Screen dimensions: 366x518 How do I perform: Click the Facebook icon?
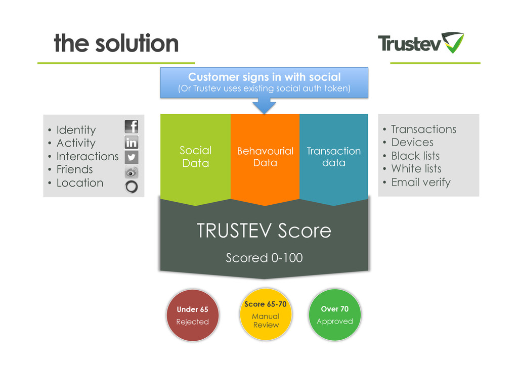132,126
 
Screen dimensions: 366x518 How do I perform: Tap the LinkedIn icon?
132,142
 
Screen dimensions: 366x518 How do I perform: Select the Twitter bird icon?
132,157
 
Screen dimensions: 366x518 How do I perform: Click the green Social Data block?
195,157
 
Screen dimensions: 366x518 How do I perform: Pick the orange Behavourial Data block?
265,157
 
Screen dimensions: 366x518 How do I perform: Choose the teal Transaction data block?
334,157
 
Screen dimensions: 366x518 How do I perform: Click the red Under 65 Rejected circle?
192,315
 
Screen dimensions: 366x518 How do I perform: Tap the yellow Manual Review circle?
266,314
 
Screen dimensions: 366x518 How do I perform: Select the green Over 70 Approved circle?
335,315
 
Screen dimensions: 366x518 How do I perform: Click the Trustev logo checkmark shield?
452,43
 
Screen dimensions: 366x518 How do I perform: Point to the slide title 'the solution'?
116,43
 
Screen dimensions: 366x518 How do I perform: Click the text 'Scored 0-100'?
264,258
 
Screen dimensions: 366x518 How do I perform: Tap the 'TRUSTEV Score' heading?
264,231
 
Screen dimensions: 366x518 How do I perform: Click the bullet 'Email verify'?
420,182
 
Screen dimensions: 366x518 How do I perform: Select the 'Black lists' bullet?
415,156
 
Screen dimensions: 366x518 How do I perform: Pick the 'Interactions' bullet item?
87,156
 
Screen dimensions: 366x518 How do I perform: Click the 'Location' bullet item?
79,183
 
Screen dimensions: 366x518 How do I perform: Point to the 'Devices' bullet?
412,143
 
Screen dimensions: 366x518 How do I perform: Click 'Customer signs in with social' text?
264,77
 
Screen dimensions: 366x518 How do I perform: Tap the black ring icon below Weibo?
132,187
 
